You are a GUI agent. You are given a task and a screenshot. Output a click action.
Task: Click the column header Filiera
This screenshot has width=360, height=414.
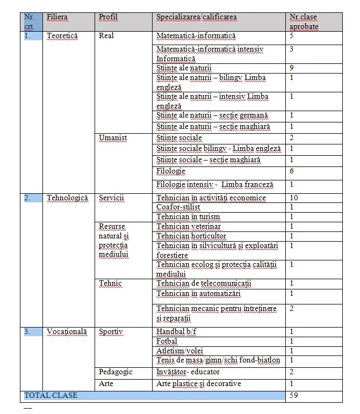[57, 17]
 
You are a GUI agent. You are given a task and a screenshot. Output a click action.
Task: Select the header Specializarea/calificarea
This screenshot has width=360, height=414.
[196, 17]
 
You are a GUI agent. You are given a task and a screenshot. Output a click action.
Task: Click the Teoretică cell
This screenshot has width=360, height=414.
[62, 35]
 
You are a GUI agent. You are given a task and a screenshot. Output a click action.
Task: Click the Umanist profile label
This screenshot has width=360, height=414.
[113, 138]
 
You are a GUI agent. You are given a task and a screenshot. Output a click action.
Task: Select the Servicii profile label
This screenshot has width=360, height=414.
[111, 198]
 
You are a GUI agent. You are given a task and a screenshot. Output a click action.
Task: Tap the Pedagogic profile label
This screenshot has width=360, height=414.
[116, 372]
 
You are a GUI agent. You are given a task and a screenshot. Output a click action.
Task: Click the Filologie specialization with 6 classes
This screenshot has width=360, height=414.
[171, 171]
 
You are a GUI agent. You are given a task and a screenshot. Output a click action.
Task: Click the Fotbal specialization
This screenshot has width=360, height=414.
[167, 342]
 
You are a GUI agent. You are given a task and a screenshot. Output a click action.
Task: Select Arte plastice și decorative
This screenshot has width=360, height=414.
[199, 383]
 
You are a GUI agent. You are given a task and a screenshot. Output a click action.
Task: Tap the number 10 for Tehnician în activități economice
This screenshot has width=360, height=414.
[293, 198]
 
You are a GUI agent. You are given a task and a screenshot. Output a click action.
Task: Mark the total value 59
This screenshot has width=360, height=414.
[293, 396]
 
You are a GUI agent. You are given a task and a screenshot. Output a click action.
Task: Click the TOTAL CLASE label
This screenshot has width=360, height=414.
[51, 396]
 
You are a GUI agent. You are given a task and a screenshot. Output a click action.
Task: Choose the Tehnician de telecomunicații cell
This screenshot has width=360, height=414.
[204, 283]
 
